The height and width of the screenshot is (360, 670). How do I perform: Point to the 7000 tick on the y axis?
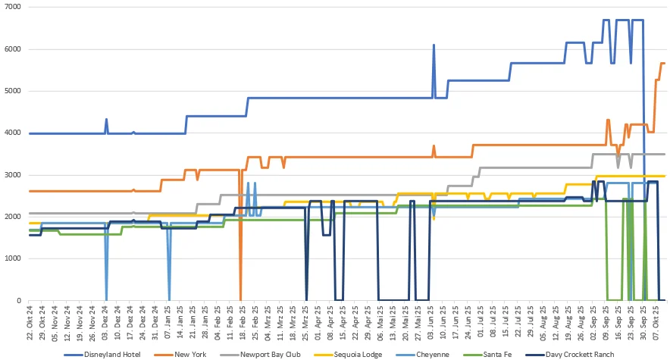[14, 7]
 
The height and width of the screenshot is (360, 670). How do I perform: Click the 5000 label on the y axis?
[14, 91]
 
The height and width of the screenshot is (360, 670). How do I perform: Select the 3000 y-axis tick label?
[14, 175]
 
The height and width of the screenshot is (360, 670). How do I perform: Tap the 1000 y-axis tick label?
[14, 259]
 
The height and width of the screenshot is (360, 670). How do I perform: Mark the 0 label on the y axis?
[19, 301]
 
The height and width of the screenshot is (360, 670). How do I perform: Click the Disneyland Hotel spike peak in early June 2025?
[434, 45]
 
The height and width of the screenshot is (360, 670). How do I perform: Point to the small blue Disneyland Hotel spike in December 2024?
[106, 119]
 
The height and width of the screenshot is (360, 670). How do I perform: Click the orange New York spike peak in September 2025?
[608, 120]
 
